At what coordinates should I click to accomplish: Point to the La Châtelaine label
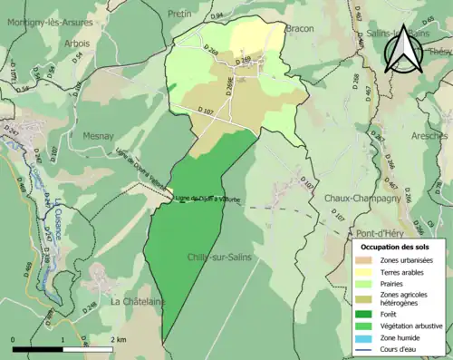point(138,301)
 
